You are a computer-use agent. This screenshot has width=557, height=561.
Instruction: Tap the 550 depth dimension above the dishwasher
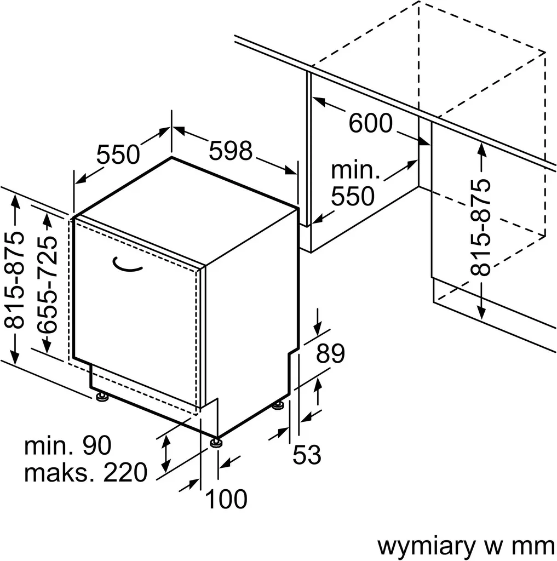point(118,154)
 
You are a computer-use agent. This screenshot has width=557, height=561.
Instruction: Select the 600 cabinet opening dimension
point(371,124)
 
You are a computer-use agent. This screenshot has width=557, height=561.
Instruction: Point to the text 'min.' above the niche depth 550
point(355,170)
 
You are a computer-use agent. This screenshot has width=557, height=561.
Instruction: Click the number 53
point(306,455)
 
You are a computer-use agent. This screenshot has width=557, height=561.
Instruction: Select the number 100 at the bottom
point(226,499)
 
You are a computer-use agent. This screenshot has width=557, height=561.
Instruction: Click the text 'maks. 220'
point(86,472)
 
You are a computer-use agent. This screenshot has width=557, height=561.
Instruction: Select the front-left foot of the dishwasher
point(101,396)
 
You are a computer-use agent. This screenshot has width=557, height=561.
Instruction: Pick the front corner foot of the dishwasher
point(216,441)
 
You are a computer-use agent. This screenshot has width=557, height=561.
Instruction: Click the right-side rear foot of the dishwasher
point(279,406)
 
